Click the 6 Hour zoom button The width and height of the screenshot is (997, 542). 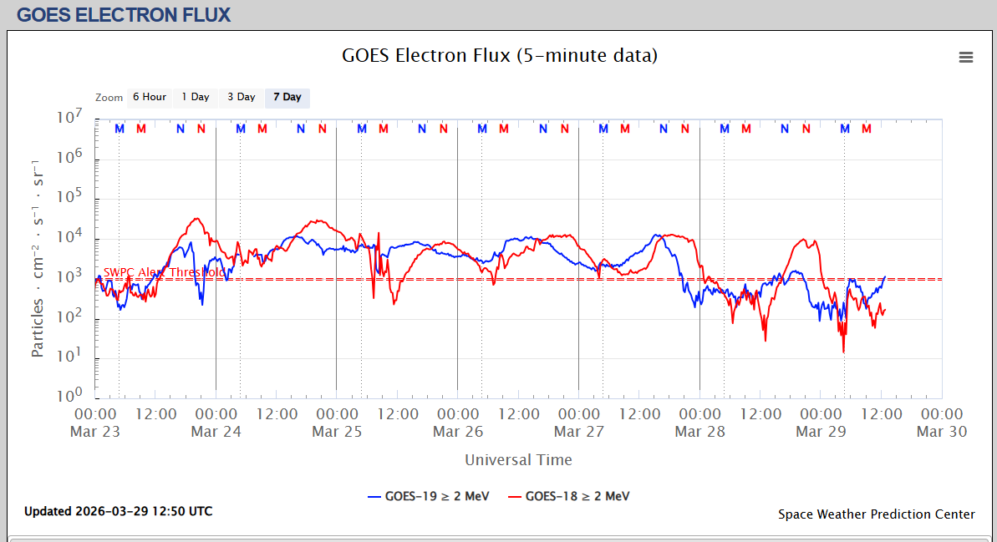150,97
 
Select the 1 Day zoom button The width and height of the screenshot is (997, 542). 196,97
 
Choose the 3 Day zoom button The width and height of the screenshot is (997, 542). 242,97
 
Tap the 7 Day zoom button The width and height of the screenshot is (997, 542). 287,97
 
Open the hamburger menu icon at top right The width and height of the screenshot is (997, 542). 966,57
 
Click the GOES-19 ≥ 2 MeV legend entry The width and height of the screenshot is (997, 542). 429,496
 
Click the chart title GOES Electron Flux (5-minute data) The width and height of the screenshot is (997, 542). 500,56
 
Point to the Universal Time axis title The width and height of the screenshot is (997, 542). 518,459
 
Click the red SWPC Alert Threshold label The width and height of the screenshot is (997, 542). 164,272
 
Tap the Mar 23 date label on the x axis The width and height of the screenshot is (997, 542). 95,432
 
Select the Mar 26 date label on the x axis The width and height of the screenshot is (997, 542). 458,432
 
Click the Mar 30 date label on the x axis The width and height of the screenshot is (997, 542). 942,432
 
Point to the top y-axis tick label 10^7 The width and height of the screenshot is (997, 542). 69,117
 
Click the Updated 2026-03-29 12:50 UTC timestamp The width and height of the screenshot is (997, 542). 119,511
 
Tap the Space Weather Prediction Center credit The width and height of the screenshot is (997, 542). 877,514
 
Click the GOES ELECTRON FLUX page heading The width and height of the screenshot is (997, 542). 124,15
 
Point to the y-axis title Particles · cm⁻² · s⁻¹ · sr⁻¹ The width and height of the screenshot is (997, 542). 38,256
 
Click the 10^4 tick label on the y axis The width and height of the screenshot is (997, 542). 69,236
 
